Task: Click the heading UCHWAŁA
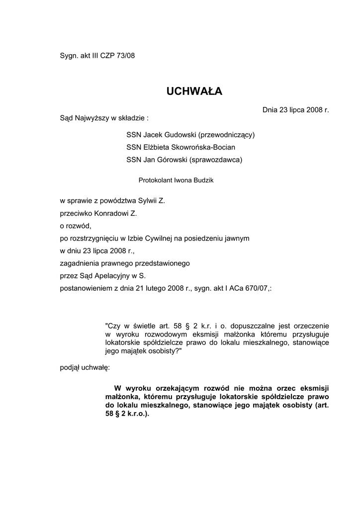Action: coord(194,91)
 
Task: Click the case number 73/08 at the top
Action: coord(125,56)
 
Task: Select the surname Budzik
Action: coord(200,180)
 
